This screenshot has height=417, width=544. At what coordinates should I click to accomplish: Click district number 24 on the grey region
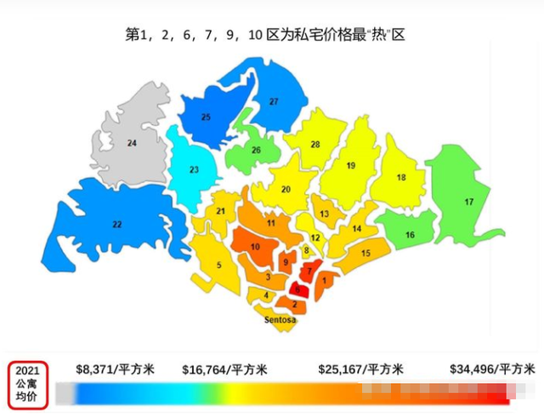pyautogui.click(x=132, y=144)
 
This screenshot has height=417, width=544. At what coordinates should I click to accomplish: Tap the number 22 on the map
pyautogui.click(x=117, y=224)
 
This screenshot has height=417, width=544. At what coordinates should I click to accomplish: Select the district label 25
pyautogui.click(x=206, y=116)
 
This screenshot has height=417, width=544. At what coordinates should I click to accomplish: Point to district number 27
pyautogui.click(x=274, y=102)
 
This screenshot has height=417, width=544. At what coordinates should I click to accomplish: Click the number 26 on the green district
pyautogui.click(x=256, y=150)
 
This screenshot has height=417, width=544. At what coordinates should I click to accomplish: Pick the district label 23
pyautogui.click(x=194, y=170)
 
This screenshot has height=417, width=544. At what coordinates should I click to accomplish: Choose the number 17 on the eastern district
pyautogui.click(x=468, y=202)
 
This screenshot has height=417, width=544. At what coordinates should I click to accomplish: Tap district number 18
pyautogui.click(x=400, y=177)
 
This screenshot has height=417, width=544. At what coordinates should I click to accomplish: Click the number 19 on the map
pyautogui.click(x=350, y=165)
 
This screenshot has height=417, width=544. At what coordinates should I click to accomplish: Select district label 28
pyautogui.click(x=314, y=145)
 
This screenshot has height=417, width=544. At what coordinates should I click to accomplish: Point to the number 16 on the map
pyautogui.click(x=410, y=235)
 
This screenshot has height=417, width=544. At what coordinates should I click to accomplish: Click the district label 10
pyautogui.click(x=255, y=247)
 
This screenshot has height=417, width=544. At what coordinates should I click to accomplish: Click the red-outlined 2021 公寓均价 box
pyautogui.click(x=28, y=383)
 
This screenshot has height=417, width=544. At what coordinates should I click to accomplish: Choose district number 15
pyautogui.click(x=365, y=253)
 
